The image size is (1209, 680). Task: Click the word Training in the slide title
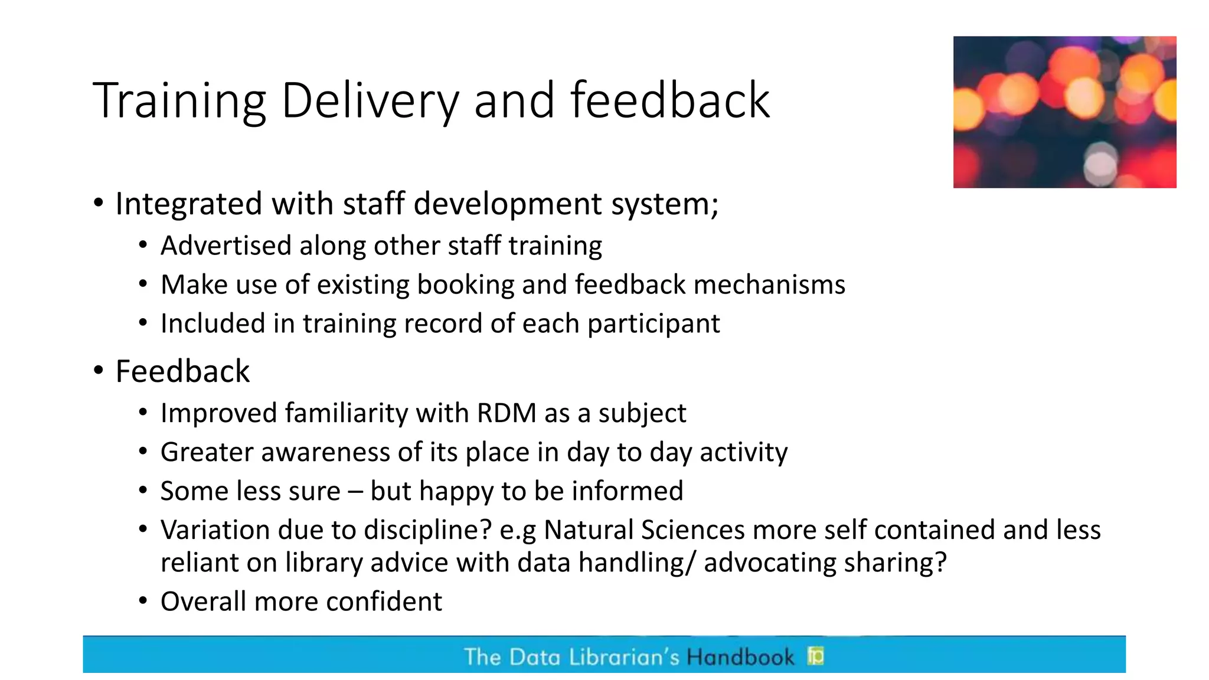(179, 102)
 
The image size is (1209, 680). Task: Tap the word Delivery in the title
(370, 102)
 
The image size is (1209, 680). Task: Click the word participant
(653, 324)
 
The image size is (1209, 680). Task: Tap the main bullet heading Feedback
(182, 371)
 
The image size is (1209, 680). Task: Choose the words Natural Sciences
(644, 529)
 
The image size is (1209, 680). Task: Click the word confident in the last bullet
(384, 601)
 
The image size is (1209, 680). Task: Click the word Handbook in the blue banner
(740, 657)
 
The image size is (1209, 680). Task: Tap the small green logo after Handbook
(816, 656)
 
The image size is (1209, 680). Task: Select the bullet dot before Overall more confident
(143, 601)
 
